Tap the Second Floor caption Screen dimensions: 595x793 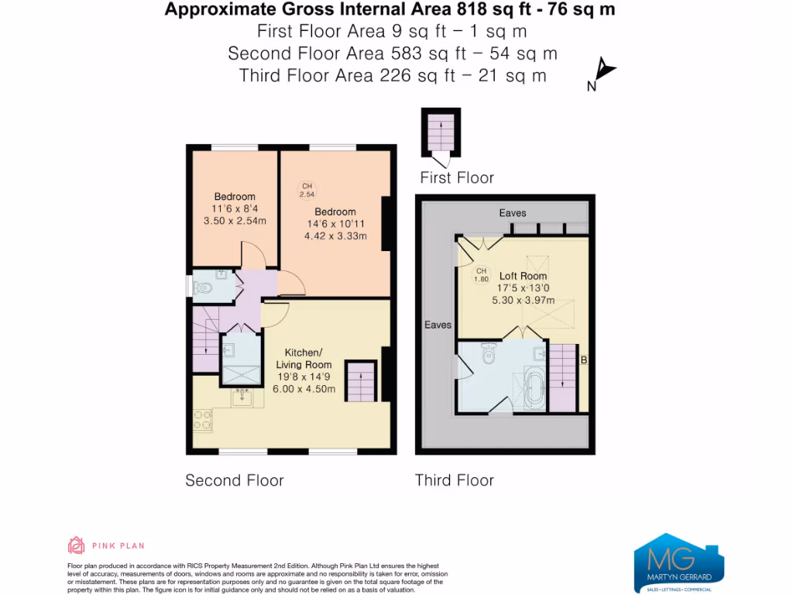234,480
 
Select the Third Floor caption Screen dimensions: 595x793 454,480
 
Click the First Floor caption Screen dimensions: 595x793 456,178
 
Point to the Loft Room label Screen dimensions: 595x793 523,276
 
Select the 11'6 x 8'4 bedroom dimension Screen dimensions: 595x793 234,208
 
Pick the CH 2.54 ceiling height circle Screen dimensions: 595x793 307,190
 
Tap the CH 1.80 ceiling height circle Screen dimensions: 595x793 481,274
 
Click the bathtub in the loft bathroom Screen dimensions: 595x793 534,389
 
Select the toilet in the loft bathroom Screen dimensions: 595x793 488,353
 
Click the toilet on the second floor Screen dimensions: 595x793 205,287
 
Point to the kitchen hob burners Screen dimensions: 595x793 203,420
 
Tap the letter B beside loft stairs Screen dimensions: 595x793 583,360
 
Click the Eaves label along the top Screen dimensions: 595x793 513,212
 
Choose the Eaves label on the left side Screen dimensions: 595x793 438,325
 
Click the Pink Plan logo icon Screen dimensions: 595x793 77,545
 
